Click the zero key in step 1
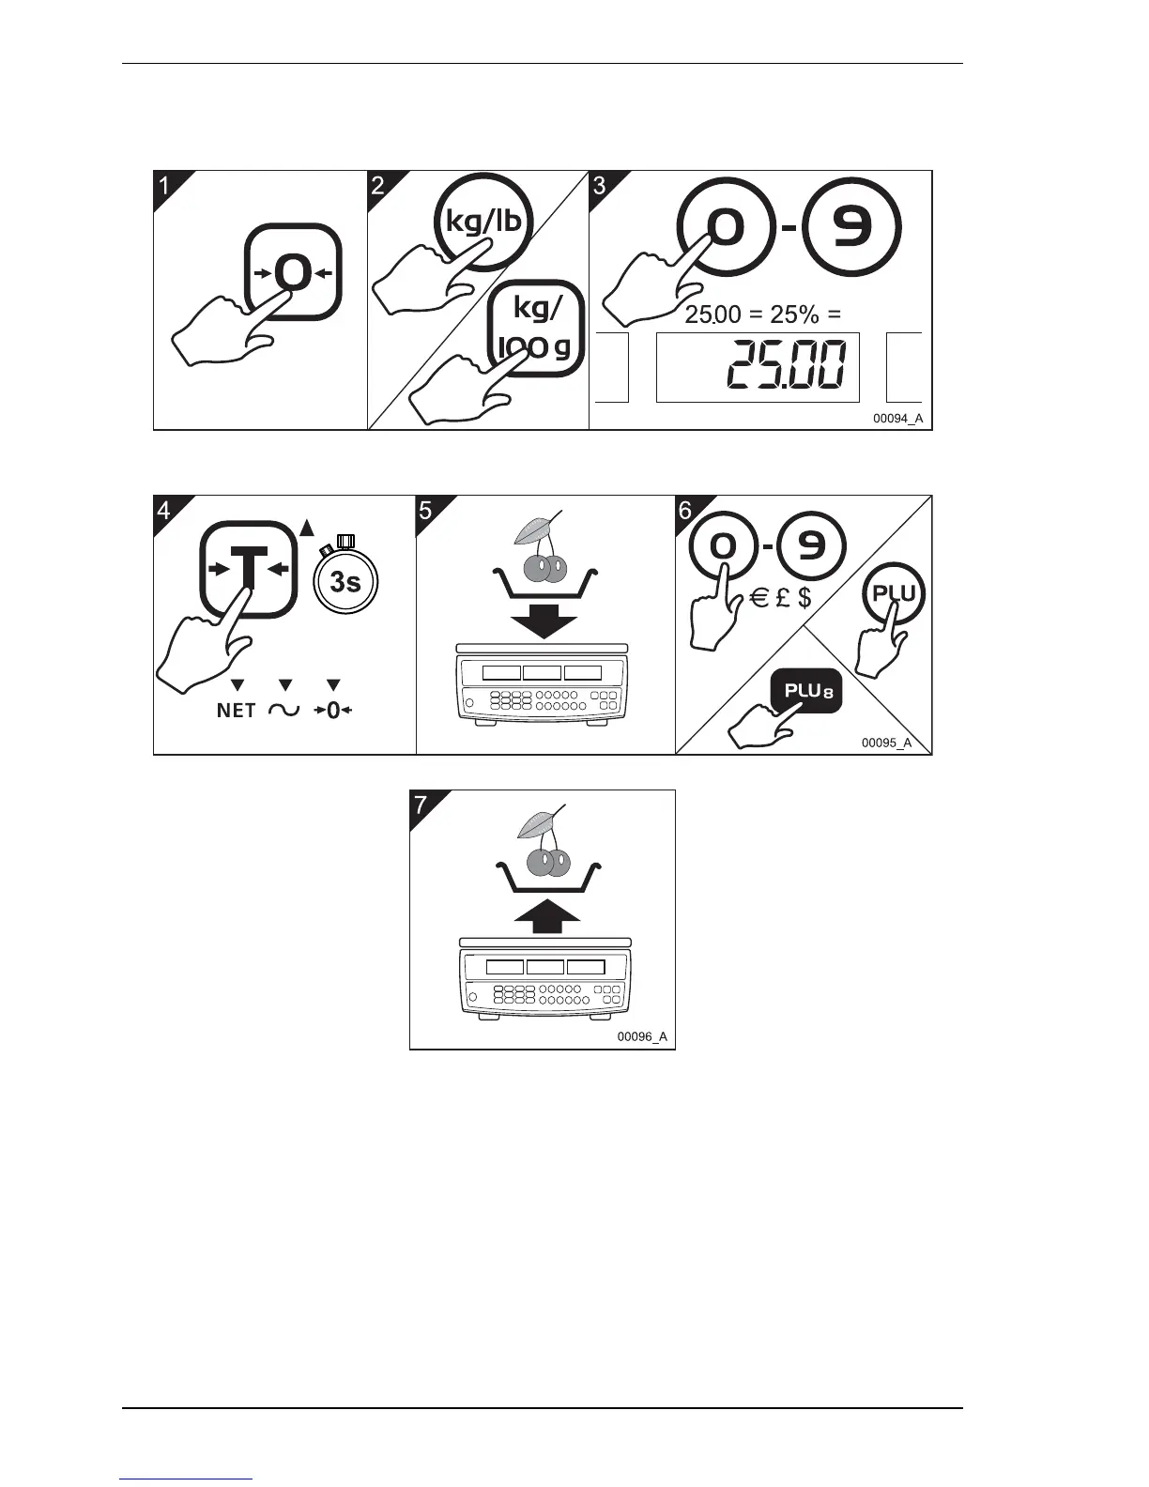[292, 272]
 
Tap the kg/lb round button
[483, 222]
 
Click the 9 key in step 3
[853, 227]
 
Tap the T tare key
[248, 569]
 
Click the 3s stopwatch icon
[345, 580]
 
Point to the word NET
[236, 711]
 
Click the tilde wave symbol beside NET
[284, 711]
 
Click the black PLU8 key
[806, 693]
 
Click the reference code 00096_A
[642, 1036]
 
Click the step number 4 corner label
[165, 511]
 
